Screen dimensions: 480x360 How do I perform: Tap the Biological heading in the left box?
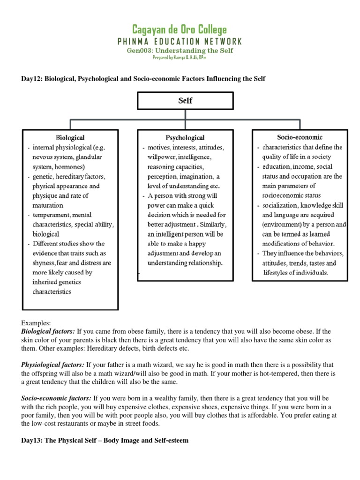pyautogui.click(x=70, y=138)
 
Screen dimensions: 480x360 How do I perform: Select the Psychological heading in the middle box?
pyautogui.click(x=185, y=138)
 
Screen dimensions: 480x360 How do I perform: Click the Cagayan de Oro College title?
pyautogui.click(x=180, y=30)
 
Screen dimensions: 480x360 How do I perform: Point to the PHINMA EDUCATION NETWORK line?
pyautogui.click(x=180, y=41)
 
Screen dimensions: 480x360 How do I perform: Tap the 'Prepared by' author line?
pyautogui.click(x=180, y=57)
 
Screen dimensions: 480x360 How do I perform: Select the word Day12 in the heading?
pyautogui.click(x=31, y=79)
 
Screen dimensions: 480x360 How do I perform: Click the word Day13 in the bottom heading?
pyautogui.click(x=31, y=441)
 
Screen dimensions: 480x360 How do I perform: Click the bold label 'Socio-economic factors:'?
pyautogui.click(x=56, y=398)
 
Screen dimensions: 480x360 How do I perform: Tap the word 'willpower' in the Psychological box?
pyautogui.click(x=161, y=157)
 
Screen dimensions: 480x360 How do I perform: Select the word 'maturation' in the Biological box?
pyautogui.click(x=48, y=205)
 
